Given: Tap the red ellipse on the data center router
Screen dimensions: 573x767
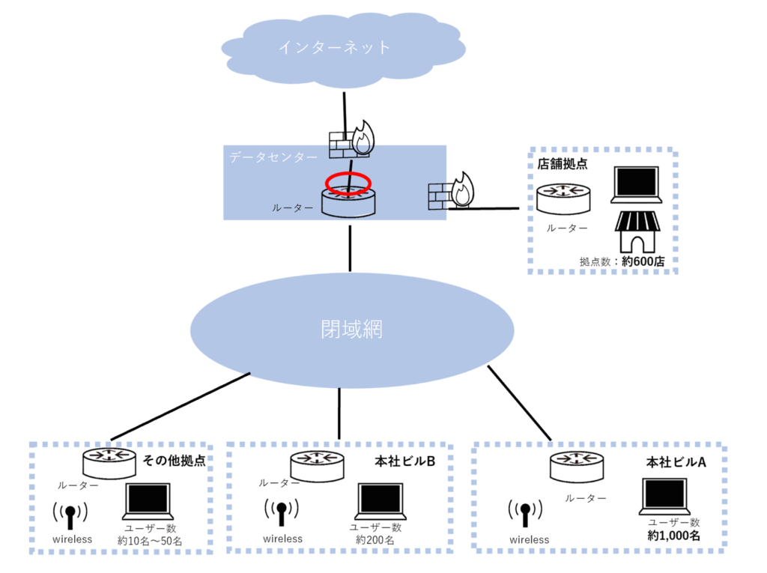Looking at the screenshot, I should [348, 183].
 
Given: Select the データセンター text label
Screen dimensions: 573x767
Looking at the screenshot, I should [273, 157].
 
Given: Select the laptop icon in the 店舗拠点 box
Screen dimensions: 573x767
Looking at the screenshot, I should [635, 185].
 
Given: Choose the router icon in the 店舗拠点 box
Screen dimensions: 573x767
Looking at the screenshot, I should [561, 200].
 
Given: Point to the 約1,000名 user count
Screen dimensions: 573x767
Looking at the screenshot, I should [673, 536].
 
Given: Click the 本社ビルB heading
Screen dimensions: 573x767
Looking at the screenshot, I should [405, 461].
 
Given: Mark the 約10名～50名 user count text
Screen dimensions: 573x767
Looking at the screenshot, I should [150, 540].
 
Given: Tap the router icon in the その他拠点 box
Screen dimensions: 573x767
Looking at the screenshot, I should [109, 462].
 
